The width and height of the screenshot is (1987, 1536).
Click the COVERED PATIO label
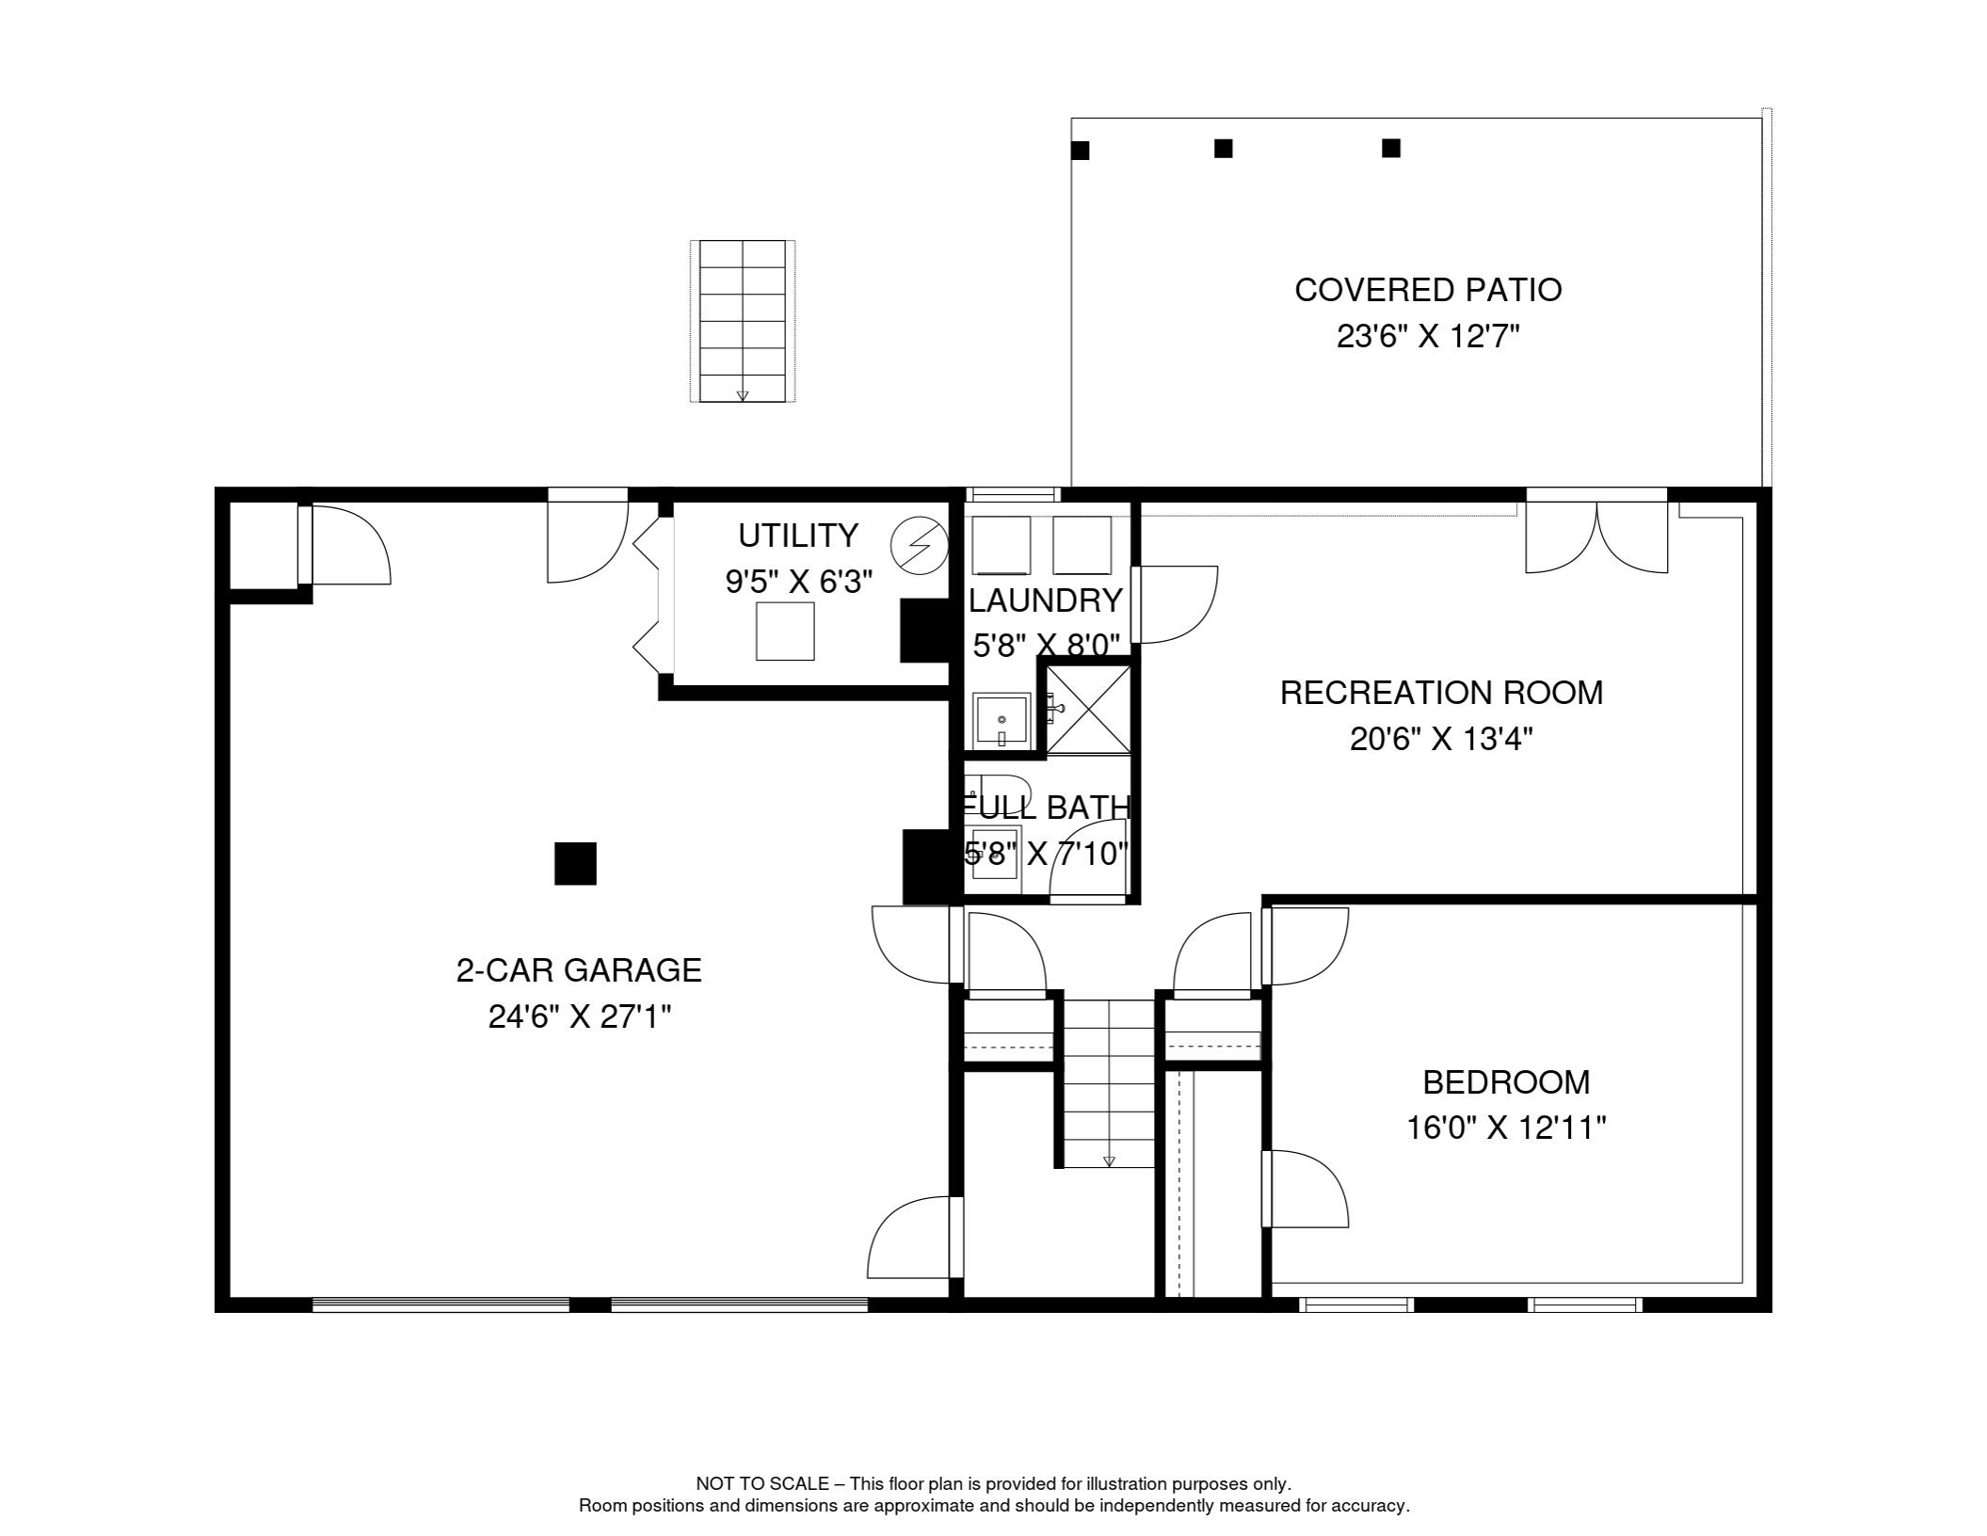pos(1427,290)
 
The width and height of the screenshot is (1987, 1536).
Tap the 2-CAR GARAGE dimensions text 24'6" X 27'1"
pos(579,1017)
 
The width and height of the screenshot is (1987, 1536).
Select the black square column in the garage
pos(576,864)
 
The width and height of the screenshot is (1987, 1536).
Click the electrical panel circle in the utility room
pos(919,546)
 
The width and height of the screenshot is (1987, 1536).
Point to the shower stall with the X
pos(1087,709)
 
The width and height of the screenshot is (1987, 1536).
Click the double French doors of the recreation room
pos(1596,538)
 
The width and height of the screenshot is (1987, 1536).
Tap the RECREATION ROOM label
pos(1441,693)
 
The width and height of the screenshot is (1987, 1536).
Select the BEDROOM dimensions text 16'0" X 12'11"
pos(1505,1128)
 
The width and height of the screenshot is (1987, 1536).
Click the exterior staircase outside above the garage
pos(742,320)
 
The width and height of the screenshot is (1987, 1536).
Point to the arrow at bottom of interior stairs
pos(1108,1161)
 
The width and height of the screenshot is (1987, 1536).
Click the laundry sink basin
pos(1001,720)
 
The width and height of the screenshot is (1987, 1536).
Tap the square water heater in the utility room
pos(785,631)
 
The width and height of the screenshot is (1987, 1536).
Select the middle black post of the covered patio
pos(1222,149)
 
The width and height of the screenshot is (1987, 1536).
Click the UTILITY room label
pos(798,536)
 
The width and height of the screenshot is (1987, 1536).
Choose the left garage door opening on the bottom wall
pos(441,1305)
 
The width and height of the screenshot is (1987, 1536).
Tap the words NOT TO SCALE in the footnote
pos(762,1484)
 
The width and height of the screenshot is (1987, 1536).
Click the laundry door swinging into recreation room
pos(1174,604)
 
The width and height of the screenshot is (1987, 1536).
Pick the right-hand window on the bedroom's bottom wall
pos(1584,1305)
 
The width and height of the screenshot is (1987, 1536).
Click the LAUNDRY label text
pos(1045,600)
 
